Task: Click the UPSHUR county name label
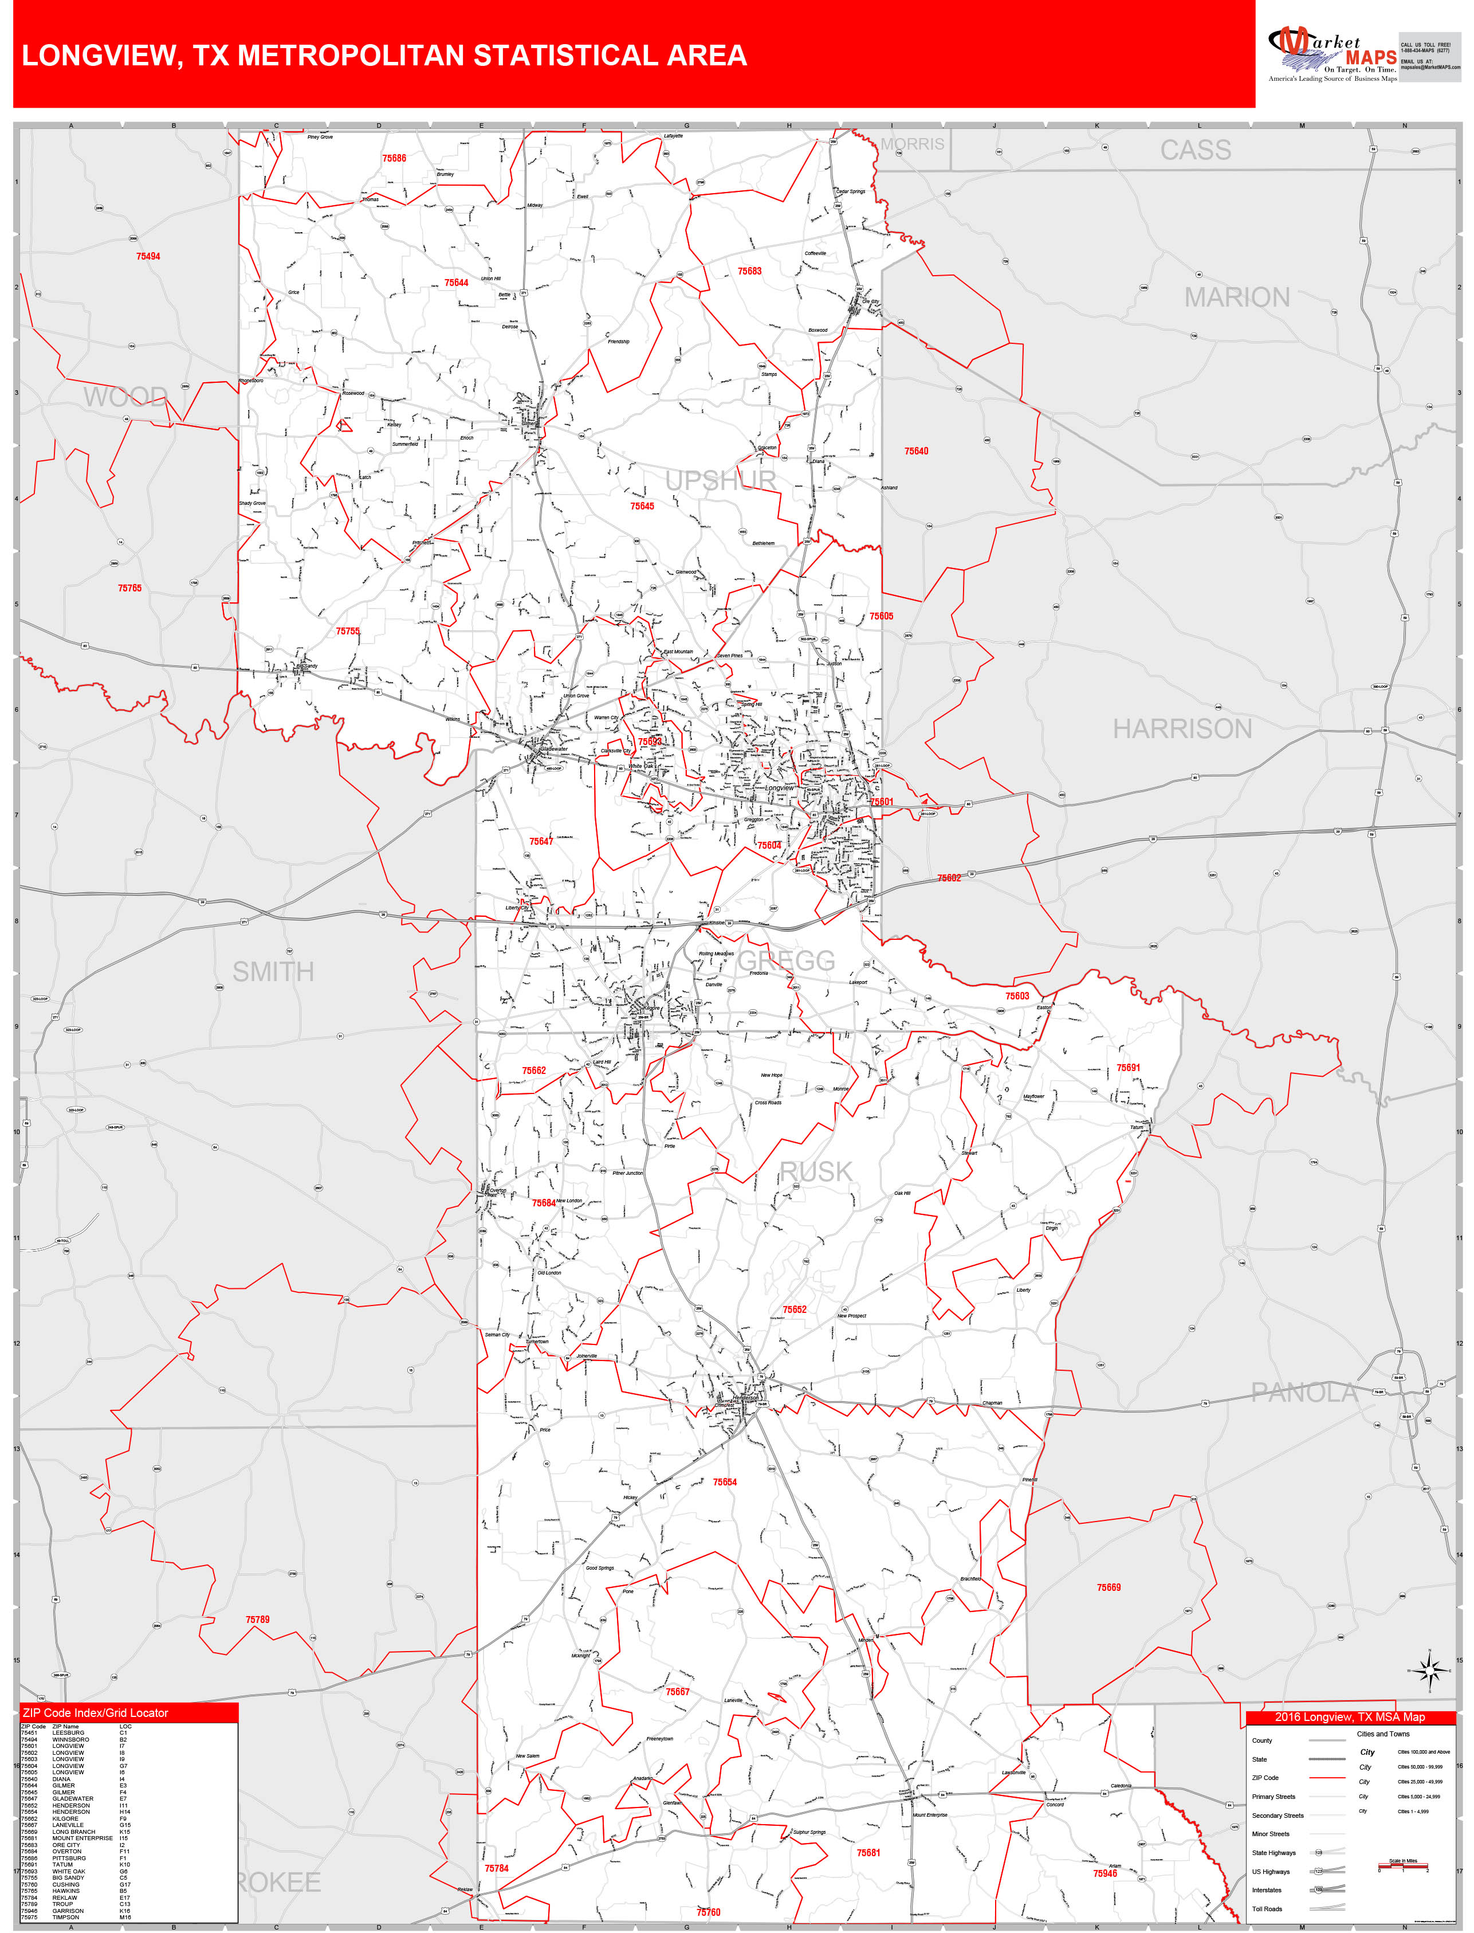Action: pos(720,481)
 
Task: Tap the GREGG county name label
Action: pos(786,961)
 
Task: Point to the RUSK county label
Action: pos(816,1171)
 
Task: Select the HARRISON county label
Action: pos(1182,729)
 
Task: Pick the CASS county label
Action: pos(1196,150)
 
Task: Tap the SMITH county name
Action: pos(273,971)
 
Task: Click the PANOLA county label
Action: pos(1304,1393)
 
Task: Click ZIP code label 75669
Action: pos(1108,1587)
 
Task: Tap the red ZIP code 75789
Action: pos(257,1620)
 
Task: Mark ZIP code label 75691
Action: pos(1129,1068)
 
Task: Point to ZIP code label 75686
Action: pos(394,158)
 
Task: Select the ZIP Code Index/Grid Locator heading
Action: pos(96,1713)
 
